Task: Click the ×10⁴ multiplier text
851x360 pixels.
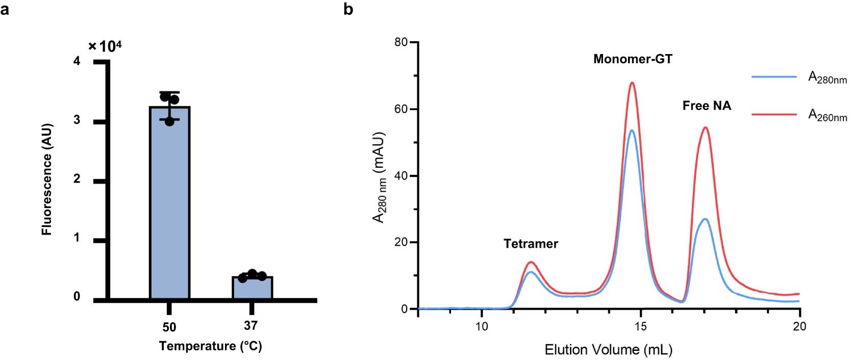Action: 105,46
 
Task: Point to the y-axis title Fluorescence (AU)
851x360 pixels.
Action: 47,179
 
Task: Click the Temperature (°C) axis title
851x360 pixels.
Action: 210,346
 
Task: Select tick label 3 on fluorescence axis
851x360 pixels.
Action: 77,120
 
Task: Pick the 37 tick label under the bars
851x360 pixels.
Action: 251,325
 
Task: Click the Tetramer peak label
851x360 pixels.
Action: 531,244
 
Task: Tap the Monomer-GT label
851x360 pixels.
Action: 633,59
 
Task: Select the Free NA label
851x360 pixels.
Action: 707,106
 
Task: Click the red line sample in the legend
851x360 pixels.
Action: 773,115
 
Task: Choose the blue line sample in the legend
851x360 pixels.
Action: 773,77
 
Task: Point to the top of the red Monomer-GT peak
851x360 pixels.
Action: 632,83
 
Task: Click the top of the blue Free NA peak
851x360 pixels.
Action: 705,219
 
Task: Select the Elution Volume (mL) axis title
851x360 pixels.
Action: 608,350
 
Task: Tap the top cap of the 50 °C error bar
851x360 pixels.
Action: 169,92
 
